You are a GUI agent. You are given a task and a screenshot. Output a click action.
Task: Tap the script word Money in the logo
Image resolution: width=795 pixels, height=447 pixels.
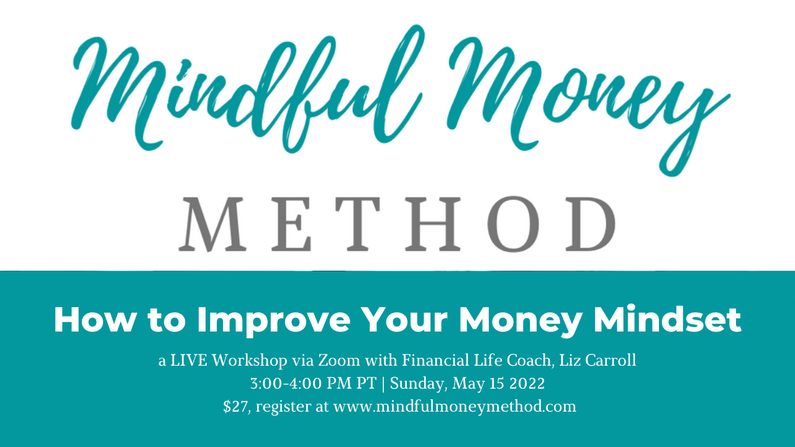(x=586, y=103)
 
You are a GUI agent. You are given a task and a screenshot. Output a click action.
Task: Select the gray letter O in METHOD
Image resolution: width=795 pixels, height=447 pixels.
(x=513, y=224)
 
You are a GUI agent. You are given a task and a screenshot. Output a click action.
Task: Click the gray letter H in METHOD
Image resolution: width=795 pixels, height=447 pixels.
(x=433, y=224)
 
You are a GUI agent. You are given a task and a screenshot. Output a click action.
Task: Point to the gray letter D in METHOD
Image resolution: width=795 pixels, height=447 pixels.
(x=590, y=224)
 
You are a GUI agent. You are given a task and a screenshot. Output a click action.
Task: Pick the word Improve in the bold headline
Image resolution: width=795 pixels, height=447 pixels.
(x=274, y=321)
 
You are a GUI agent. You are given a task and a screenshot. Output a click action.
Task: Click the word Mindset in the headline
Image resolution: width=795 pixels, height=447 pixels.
(x=668, y=319)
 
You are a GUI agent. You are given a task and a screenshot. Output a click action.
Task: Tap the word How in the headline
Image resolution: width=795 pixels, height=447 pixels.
(x=95, y=320)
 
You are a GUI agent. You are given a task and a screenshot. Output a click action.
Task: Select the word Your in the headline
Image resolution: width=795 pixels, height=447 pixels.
(x=406, y=320)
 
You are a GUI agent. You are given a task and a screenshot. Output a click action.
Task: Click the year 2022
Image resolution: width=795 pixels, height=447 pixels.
(x=527, y=384)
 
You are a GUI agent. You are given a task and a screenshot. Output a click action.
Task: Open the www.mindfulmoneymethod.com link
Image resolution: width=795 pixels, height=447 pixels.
(x=455, y=407)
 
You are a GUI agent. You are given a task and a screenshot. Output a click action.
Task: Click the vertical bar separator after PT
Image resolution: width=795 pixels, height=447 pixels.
(x=383, y=384)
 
